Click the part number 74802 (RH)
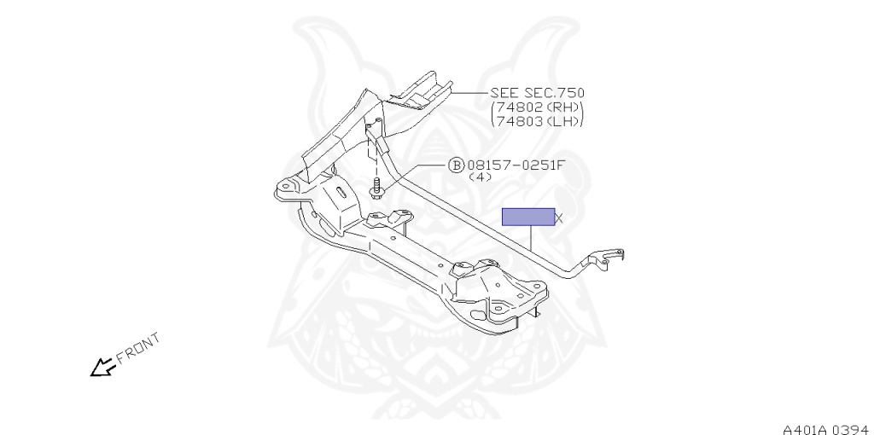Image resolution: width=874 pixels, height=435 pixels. pos(538,107)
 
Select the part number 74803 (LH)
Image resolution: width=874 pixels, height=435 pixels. pos(538,121)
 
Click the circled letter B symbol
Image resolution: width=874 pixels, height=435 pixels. pos(456,165)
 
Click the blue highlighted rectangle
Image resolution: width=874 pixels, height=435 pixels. pos(527,217)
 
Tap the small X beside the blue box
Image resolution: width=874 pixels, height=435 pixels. pos(559,218)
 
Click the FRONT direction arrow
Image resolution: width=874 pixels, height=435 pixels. pos(102,368)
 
